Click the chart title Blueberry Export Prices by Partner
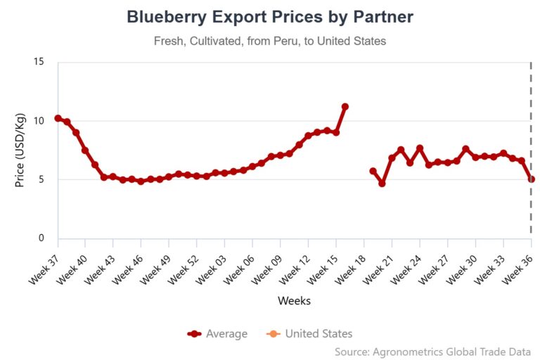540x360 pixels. click(x=270, y=17)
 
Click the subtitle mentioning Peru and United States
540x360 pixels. click(x=270, y=41)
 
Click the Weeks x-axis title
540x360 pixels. click(x=294, y=300)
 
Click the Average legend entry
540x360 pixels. click(x=217, y=334)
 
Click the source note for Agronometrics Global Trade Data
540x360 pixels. click(x=432, y=351)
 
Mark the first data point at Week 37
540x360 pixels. click(x=58, y=118)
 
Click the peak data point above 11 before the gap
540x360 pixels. click(x=345, y=106)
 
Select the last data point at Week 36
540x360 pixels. click(x=532, y=179)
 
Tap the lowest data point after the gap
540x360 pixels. click(x=382, y=184)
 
